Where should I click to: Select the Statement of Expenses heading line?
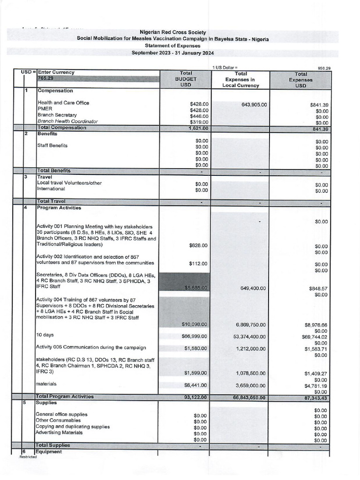tap(172, 46)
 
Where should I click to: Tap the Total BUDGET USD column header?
tap(184, 80)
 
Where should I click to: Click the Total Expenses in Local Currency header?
tap(241, 80)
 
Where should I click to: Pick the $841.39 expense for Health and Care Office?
tap(319, 105)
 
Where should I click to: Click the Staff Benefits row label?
tap(52, 145)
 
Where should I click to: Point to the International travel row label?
tap(52, 189)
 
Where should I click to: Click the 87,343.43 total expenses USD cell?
tap(315, 398)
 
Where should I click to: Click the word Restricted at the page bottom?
tap(28, 457)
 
